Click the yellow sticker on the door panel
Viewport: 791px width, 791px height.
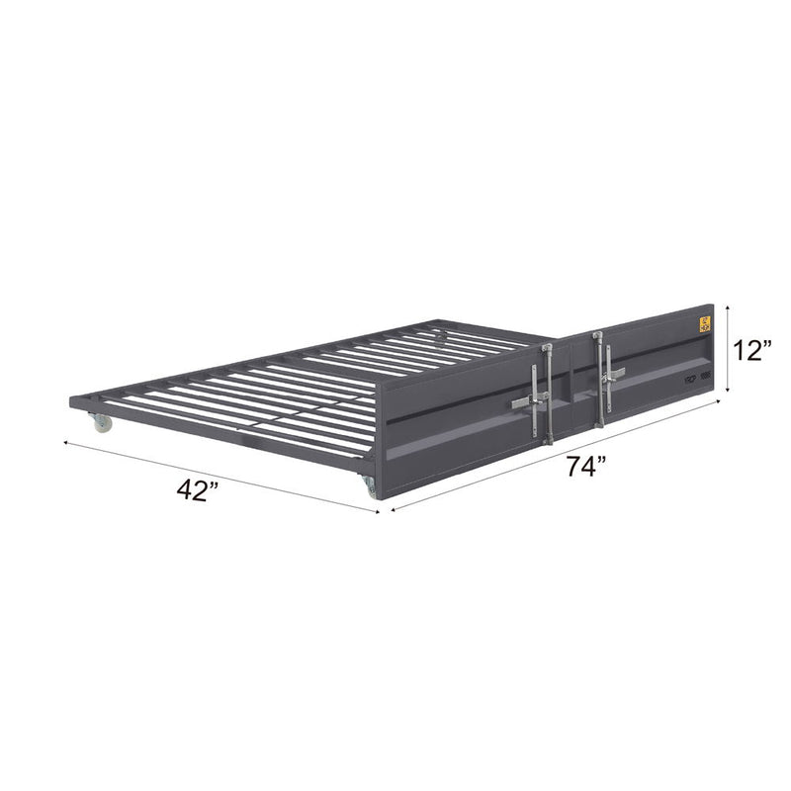(705, 323)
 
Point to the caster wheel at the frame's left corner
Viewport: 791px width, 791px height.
(103, 423)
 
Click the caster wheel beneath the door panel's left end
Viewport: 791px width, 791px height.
(370, 485)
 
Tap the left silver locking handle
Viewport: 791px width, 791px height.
(532, 400)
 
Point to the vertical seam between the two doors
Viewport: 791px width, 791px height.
(570, 391)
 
